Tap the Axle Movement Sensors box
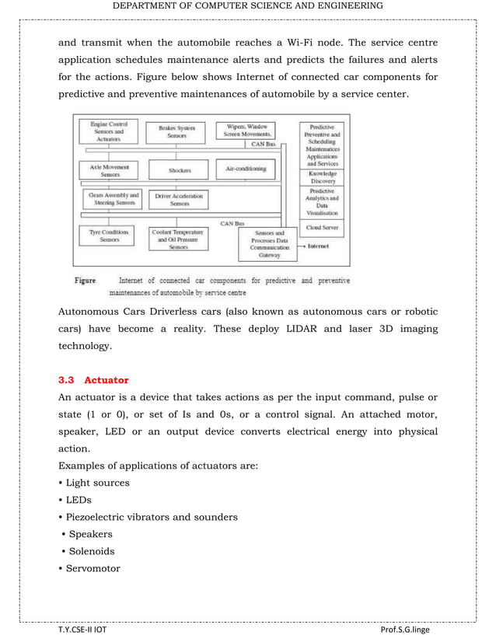(109, 170)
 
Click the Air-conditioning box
(245, 169)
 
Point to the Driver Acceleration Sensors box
(179, 200)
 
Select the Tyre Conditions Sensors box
(109, 236)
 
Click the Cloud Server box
(322, 228)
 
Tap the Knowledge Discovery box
(322, 176)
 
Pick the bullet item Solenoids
(91, 551)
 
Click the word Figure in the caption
(85, 281)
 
